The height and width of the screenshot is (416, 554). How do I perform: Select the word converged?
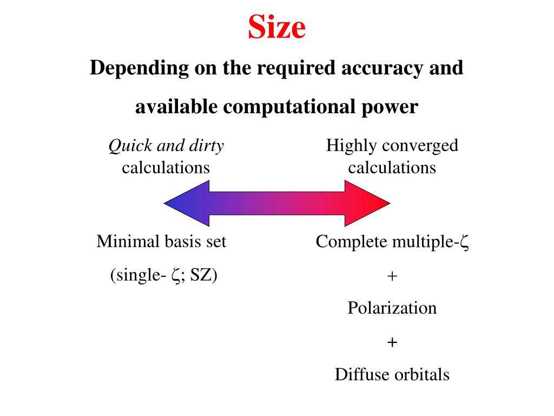(x=419, y=146)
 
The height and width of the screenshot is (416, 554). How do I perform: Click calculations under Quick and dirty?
(x=166, y=167)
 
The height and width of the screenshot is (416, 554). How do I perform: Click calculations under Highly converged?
(x=392, y=167)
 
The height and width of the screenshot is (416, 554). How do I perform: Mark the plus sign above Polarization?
(x=392, y=276)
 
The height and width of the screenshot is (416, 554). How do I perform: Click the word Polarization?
(x=392, y=308)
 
